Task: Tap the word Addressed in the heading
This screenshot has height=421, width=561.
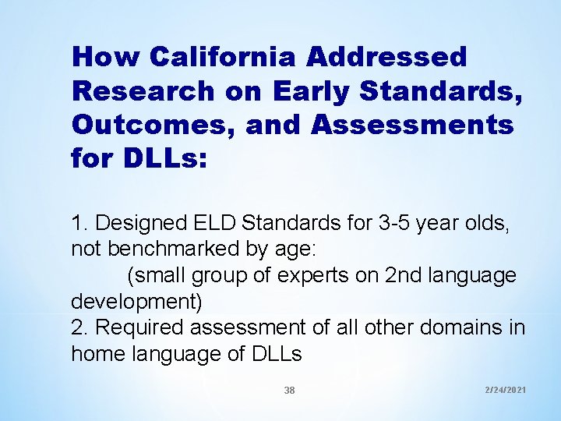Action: tap(387, 57)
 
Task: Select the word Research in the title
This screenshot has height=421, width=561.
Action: tap(142, 90)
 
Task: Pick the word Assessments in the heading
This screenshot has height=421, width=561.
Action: tap(406, 124)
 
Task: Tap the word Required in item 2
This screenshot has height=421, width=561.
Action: tap(137, 328)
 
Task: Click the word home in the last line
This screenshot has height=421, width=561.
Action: tap(93, 353)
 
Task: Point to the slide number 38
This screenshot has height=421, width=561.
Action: tap(289, 391)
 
